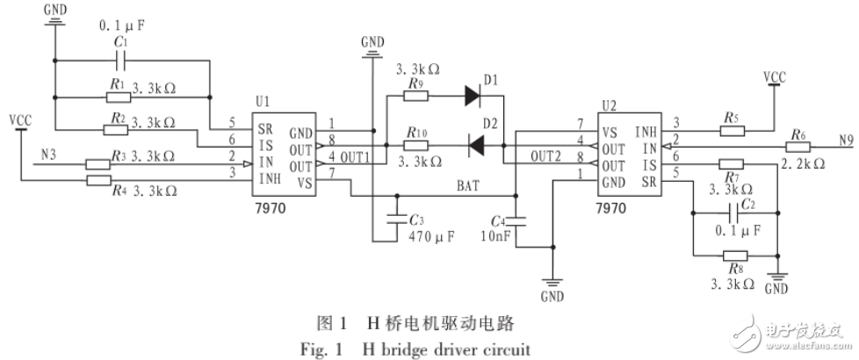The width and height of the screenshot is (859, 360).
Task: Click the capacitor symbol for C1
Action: click(x=123, y=61)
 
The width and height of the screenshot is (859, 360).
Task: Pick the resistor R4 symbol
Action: click(x=97, y=182)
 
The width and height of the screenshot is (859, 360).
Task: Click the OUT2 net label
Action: click(x=545, y=156)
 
